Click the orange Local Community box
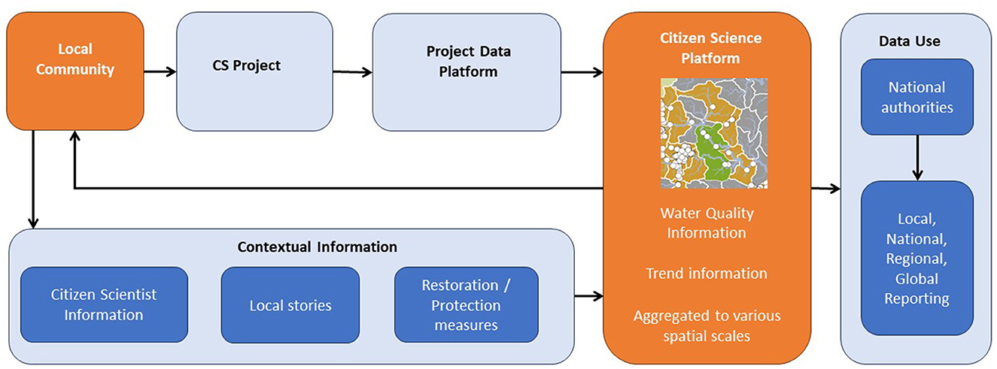pyautogui.click(x=74, y=71)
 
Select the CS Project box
pyautogui.click(x=254, y=71)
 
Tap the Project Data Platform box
pyautogui.click(x=467, y=72)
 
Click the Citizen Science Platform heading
pyautogui.click(x=710, y=48)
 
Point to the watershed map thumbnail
pyautogui.click(x=714, y=133)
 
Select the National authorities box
pyautogui.click(x=917, y=97)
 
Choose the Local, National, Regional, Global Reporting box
pyautogui.click(x=917, y=258)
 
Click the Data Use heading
pyautogui.click(x=909, y=41)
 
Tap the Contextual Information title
pyautogui.click(x=317, y=247)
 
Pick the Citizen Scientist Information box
pyautogui.click(x=104, y=304)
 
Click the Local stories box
pyautogui.click(x=290, y=305)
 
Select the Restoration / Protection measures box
pyautogui.click(x=466, y=304)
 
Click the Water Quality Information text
pyautogui.click(x=707, y=222)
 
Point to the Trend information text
pyautogui.click(x=707, y=273)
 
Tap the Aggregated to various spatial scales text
pyautogui.click(x=707, y=326)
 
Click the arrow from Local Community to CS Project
pyautogui.click(x=160, y=71)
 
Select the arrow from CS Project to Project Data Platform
pyautogui.click(x=352, y=72)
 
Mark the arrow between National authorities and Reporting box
pyautogui.click(x=917, y=158)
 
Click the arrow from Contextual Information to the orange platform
pyautogui.click(x=589, y=295)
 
